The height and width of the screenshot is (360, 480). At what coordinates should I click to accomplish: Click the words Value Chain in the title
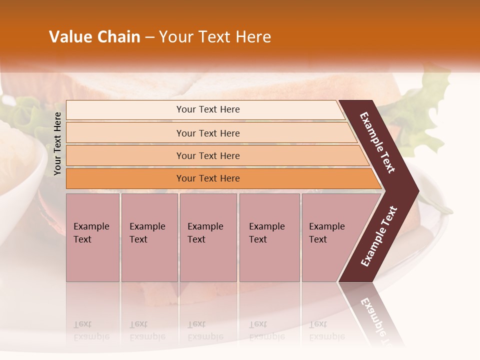click(x=94, y=37)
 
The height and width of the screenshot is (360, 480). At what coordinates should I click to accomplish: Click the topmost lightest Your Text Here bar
click(x=208, y=109)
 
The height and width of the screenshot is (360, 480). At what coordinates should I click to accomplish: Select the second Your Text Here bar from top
click(x=208, y=133)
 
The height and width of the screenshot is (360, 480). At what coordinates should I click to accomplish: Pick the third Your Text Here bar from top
click(x=208, y=155)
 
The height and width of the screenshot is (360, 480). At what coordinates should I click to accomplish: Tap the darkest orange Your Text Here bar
click(x=208, y=178)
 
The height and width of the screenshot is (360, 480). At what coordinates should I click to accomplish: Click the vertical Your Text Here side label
click(x=57, y=143)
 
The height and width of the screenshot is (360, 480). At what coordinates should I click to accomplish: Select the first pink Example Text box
click(x=92, y=237)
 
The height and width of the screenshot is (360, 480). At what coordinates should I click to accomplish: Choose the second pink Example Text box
click(x=149, y=237)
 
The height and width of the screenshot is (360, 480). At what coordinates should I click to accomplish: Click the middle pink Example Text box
click(x=208, y=237)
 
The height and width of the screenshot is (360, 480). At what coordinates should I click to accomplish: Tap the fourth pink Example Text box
click(x=269, y=237)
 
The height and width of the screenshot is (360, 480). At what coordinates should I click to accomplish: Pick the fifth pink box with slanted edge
click(x=330, y=237)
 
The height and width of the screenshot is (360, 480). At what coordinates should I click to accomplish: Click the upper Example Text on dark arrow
click(x=377, y=142)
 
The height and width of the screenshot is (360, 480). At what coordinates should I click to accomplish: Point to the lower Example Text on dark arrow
click(x=379, y=236)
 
